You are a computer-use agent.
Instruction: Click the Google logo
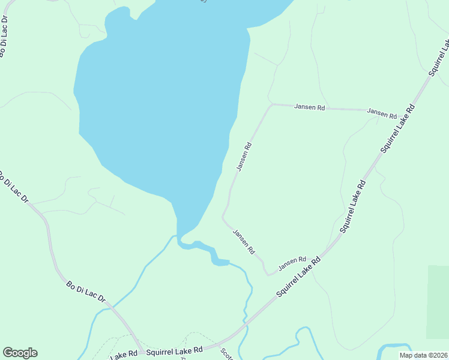pos(20,353)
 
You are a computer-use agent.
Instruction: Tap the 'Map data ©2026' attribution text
pos(423,355)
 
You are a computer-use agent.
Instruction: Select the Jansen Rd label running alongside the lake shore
pos(244,157)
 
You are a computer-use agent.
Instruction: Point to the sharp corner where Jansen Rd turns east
pos(272,104)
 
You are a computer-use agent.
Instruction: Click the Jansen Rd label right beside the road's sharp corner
pos(309,107)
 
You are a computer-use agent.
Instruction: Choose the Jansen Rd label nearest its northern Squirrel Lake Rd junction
pos(382,112)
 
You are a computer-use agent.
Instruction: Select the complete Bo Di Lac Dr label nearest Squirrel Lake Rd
pos(86,290)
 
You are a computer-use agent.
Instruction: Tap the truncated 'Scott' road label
pos(226,355)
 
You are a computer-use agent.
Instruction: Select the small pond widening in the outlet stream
pos(219,261)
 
